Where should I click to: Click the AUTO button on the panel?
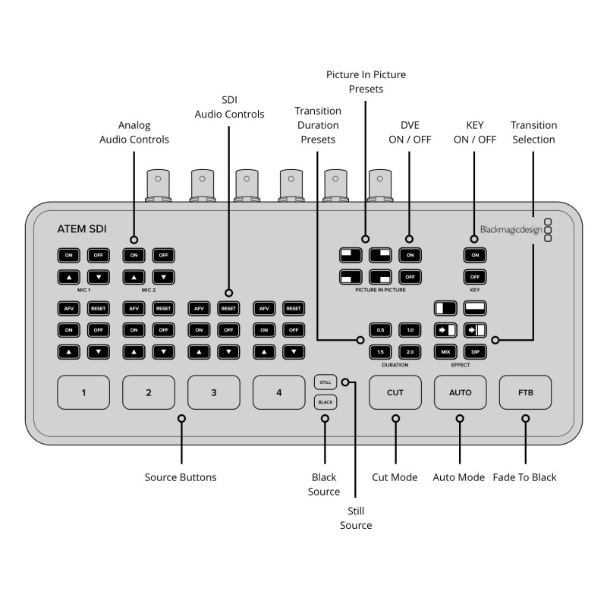pyautogui.click(x=461, y=392)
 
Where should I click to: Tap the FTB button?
pyautogui.click(x=526, y=392)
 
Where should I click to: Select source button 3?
pyautogui.click(x=214, y=392)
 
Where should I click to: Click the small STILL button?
pyautogui.click(x=325, y=382)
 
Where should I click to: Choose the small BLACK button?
pyautogui.click(x=325, y=401)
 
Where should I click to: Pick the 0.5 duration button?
pyautogui.click(x=380, y=330)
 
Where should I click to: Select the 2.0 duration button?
pyautogui.click(x=410, y=351)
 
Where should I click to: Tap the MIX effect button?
pyautogui.click(x=445, y=351)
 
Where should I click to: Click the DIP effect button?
pyautogui.click(x=475, y=351)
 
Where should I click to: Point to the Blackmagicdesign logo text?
pyautogui.click(x=511, y=229)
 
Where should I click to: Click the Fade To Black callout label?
pyautogui.click(x=524, y=477)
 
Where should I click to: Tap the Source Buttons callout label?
pyautogui.click(x=181, y=477)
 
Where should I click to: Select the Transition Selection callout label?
pyautogui.click(x=533, y=132)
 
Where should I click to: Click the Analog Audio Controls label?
pyautogui.click(x=134, y=132)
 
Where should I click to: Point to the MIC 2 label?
pyautogui.click(x=148, y=290)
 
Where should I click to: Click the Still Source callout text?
pyautogui.click(x=356, y=518)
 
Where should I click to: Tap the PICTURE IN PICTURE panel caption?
pyautogui.click(x=380, y=290)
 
